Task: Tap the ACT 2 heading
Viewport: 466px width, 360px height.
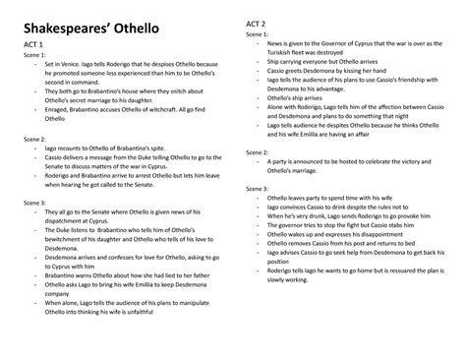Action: click(x=260, y=23)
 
